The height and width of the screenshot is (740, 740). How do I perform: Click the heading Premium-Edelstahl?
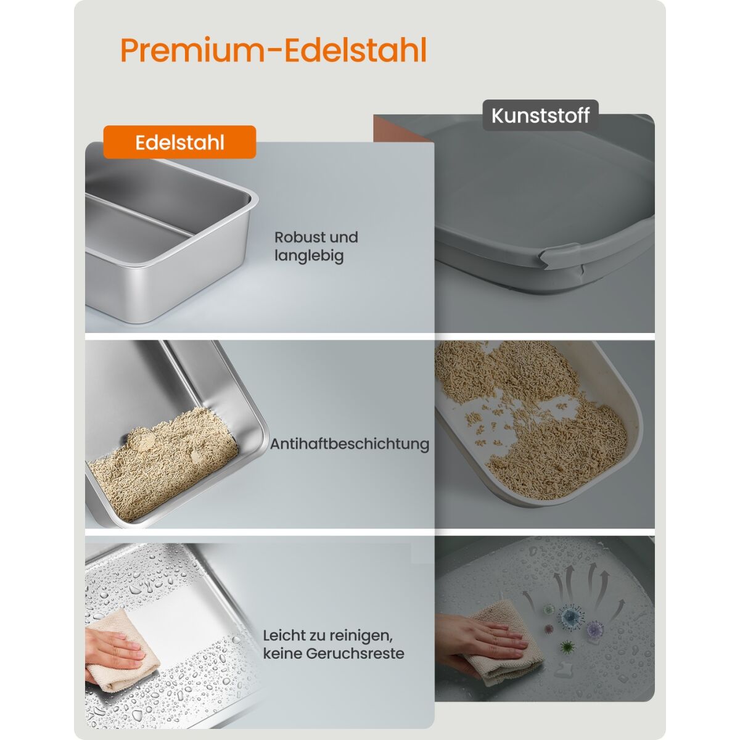[x=273, y=51]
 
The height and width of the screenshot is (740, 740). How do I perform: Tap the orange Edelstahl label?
[x=179, y=142]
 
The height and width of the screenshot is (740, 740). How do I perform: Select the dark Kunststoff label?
[x=540, y=115]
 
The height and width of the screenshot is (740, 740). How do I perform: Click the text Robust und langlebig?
[x=316, y=246]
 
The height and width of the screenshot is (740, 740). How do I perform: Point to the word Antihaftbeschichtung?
[x=350, y=444]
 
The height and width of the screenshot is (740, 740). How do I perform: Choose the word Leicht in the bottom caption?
[x=283, y=635]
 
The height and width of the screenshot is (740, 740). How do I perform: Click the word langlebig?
[x=309, y=256]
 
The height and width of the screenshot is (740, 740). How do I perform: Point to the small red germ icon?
[x=548, y=629]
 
